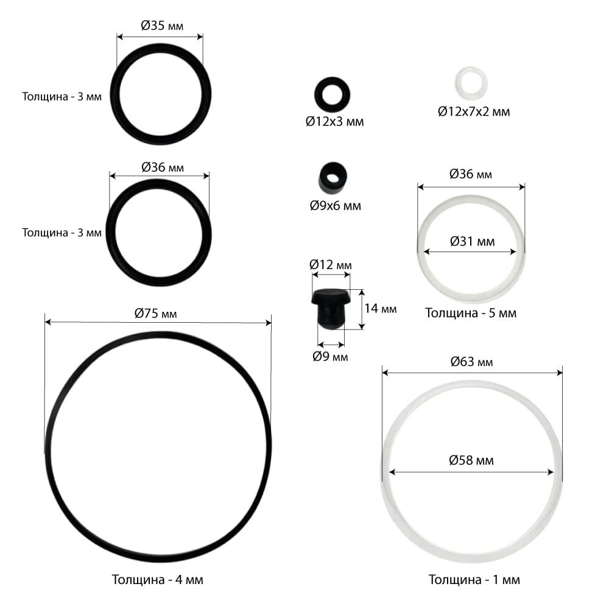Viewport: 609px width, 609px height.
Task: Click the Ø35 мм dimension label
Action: point(162,26)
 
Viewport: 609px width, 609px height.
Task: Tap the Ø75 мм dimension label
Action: point(156,313)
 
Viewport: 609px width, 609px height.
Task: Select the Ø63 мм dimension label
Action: point(471,362)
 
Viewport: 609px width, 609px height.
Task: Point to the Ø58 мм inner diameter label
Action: point(471,460)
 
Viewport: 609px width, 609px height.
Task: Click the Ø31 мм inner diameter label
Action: point(473,242)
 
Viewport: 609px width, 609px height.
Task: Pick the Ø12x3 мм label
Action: point(335,122)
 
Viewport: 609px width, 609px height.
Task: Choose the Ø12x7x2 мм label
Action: point(474,112)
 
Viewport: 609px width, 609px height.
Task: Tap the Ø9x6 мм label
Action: point(336,205)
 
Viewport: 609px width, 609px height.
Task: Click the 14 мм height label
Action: point(381,308)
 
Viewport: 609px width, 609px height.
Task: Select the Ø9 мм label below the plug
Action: point(330,356)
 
